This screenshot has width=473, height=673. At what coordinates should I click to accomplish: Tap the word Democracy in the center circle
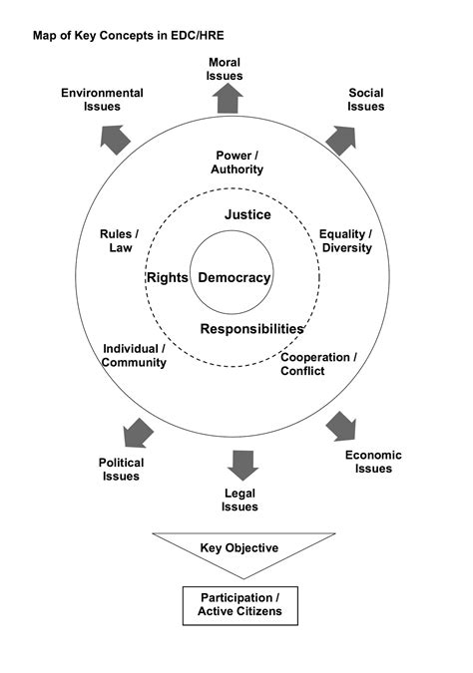pyautogui.click(x=235, y=278)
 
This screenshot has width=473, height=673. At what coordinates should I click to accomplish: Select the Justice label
pyautogui.click(x=247, y=214)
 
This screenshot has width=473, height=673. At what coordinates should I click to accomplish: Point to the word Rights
pyautogui.click(x=167, y=278)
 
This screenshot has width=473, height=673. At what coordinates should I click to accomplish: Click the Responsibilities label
pyautogui.click(x=251, y=328)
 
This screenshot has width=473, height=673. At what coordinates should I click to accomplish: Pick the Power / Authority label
pyautogui.click(x=237, y=163)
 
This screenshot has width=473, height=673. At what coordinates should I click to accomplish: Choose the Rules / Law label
pyautogui.click(x=120, y=241)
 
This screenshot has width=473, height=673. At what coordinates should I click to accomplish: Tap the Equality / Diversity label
pyautogui.click(x=345, y=241)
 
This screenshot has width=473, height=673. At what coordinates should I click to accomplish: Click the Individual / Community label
pyautogui.click(x=134, y=355)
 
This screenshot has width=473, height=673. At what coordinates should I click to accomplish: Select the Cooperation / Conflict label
pyautogui.click(x=315, y=364)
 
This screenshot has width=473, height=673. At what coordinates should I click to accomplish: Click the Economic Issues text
pyautogui.click(x=368, y=462)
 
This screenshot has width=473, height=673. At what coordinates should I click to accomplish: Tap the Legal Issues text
pyautogui.click(x=240, y=500)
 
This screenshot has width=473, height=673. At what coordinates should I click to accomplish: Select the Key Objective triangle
pyautogui.click(x=238, y=552)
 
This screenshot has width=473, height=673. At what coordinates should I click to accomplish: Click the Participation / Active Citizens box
pyautogui.click(x=238, y=603)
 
